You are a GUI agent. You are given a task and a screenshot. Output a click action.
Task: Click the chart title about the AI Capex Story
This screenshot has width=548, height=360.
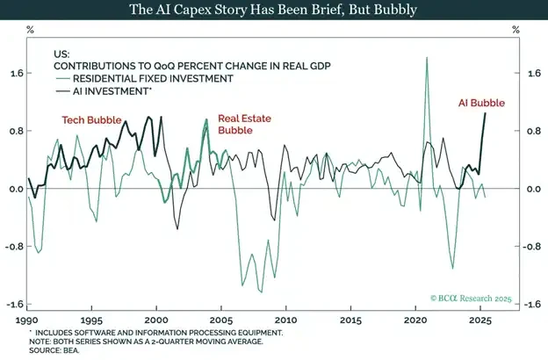tap(273, 11)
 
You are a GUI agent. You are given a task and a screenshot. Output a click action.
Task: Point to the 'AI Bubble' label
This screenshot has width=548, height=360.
tap(482, 103)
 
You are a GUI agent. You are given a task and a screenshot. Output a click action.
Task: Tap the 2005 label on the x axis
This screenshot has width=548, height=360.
tap(221, 320)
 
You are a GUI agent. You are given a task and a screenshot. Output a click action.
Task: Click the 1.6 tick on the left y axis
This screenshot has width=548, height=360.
tap(15, 74)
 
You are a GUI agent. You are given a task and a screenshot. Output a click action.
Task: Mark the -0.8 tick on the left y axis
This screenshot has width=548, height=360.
tap(13, 247)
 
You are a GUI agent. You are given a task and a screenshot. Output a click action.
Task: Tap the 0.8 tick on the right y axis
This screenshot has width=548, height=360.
tap(533, 132)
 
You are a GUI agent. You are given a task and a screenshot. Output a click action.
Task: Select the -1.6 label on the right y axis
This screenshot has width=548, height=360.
tap(531, 305)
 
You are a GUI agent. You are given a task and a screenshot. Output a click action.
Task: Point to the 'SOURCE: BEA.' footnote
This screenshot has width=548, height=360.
tap(54, 352)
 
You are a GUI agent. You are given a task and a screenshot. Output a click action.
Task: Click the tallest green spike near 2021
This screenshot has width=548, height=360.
tap(427, 58)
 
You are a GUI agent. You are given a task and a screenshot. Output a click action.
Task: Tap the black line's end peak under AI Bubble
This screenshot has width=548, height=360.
tap(485, 112)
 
